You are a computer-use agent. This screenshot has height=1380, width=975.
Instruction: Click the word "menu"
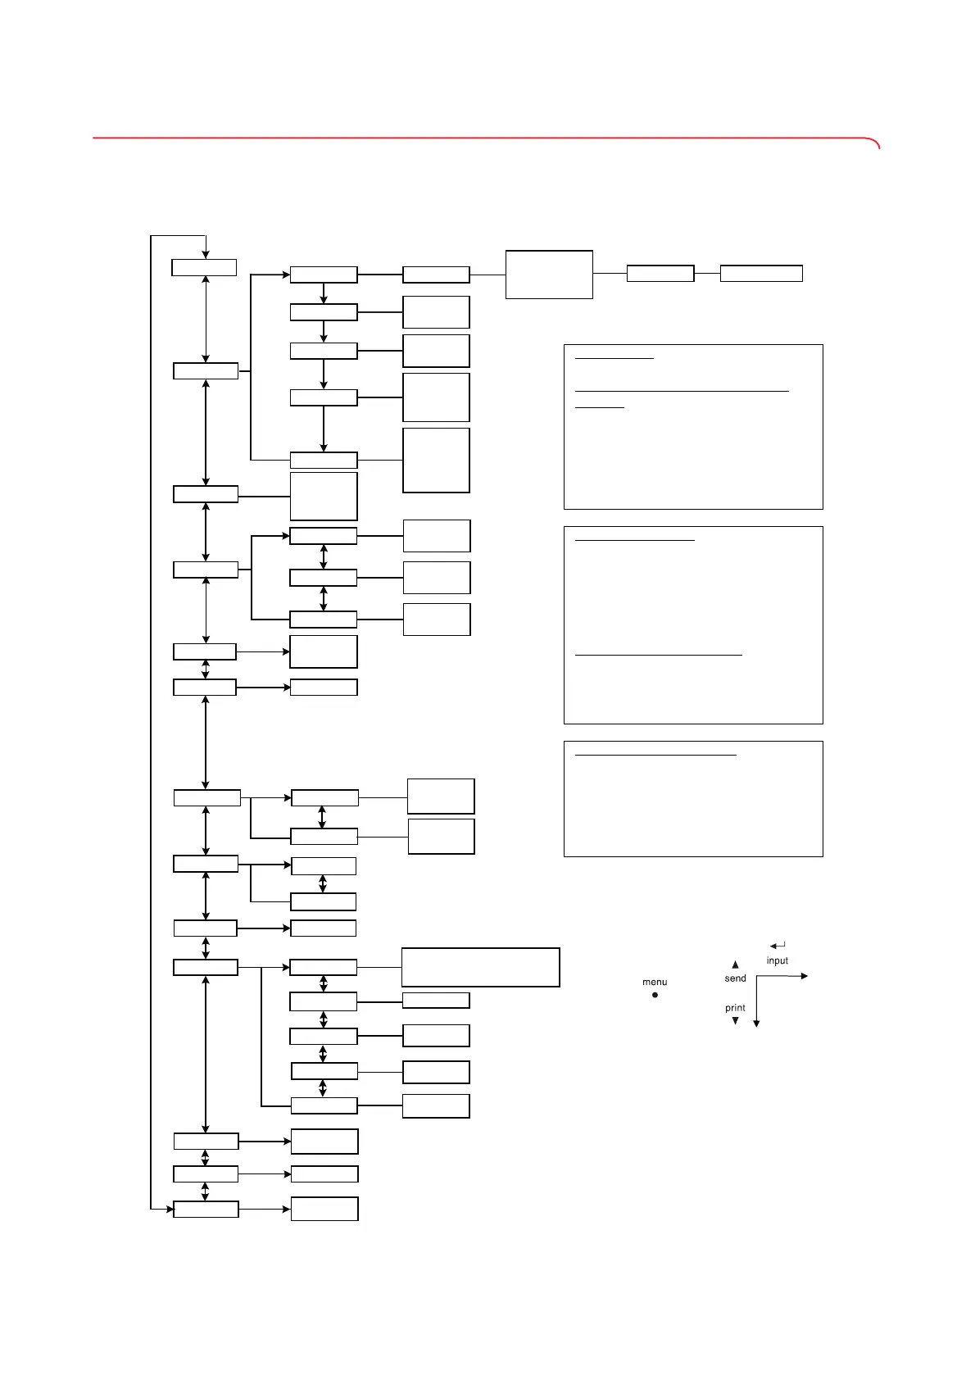pos(655,982)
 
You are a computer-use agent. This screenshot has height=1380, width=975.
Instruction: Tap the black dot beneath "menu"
pos(655,995)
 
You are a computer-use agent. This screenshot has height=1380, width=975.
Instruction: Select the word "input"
pos(778,960)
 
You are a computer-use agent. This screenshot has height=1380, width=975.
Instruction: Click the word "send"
pos(736,978)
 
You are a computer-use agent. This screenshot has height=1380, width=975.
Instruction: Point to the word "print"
pos(735,1008)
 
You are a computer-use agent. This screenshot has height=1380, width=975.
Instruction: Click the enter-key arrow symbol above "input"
pos(778,946)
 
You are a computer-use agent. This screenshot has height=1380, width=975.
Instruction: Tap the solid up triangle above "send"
pos(735,965)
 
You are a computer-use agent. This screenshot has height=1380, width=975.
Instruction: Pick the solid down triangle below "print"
pos(735,1021)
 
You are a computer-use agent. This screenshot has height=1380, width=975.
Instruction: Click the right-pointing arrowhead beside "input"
pos(805,976)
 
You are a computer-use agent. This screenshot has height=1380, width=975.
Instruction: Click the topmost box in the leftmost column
pos(204,267)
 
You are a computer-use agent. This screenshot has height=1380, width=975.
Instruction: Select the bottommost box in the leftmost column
pos(206,1209)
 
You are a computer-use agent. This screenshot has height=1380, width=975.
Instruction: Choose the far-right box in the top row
pos(761,274)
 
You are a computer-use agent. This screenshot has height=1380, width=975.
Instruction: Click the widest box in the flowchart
pos(480,967)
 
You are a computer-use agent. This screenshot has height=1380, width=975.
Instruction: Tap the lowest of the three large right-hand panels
pos(693,799)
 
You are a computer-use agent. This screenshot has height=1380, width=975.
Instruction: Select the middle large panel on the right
pos(693,625)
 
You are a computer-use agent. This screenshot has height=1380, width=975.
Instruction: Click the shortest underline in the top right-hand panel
pos(599,407)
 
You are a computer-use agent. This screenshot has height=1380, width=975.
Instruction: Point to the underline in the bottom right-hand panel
pos(655,756)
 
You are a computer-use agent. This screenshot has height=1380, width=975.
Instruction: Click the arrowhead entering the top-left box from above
pos(206,254)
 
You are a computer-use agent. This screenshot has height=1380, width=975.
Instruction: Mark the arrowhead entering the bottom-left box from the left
pos(169,1208)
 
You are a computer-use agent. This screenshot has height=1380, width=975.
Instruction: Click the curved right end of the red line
pos(877,144)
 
